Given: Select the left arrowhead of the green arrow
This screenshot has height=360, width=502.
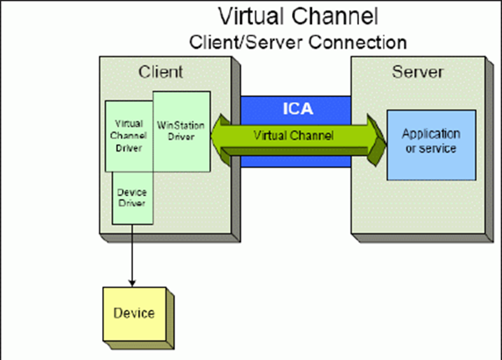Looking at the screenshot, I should click(x=220, y=135).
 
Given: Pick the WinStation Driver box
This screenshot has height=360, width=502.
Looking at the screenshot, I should click(x=180, y=130).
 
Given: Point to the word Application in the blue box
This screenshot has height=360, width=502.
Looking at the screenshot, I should click(x=430, y=134).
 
